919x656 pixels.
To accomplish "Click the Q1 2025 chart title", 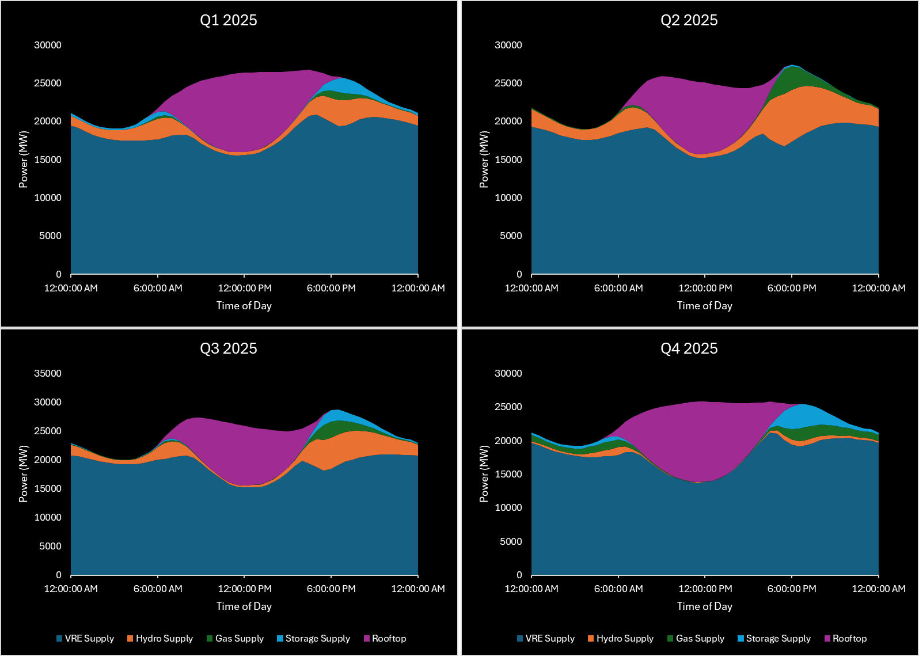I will pyautogui.click(x=228, y=20).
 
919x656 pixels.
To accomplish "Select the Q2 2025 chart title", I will pyautogui.click(x=689, y=20).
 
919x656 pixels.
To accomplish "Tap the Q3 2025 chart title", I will pyautogui.click(x=228, y=348).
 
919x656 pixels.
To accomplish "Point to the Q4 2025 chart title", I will pyautogui.click(x=689, y=348).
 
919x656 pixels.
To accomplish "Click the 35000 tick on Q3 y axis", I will pyautogui.click(x=47, y=373).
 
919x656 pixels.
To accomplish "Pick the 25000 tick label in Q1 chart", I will pyautogui.click(x=47, y=83).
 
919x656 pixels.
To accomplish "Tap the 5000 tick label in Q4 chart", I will pyautogui.click(x=510, y=541).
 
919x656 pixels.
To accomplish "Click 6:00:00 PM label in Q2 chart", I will pyautogui.click(x=792, y=288).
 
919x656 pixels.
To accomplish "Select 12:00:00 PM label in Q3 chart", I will pyautogui.click(x=245, y=589).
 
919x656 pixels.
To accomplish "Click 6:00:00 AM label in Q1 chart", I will pyautogui.click(x=158, y=288).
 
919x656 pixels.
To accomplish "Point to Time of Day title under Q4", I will pyautogui.click(x=704, y=606).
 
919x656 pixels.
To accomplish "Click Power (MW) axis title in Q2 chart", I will pyautogui.click(x=484, y=160).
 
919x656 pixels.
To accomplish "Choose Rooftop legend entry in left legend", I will pyautogui.click(x=389, y=638).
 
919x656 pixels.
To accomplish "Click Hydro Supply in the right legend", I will pyautogui.click(x=625, y=638).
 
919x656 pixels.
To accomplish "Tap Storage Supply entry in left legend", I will pyautogui.click(x=317, y=638).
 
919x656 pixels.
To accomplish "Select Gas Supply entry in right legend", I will pyautogui.click(x=700, y=638).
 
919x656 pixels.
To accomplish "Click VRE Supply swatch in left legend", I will pyautogui.click(x=59, y=638).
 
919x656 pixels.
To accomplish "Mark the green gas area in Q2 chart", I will pyautogui.click(x=791, y=81).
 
